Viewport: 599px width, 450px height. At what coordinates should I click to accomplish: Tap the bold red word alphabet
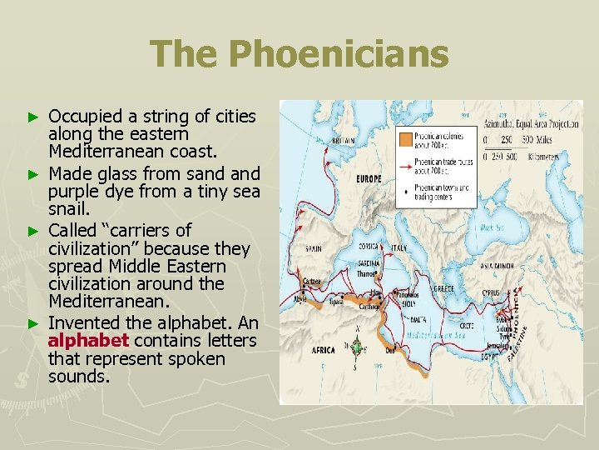coord(88,341)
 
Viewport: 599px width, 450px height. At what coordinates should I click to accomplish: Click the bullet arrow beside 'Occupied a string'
coord(33,117)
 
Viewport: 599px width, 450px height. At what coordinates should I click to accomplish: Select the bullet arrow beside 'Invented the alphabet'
coord(33,322)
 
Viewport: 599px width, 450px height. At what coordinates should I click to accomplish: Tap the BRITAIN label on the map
coord(342,141)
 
